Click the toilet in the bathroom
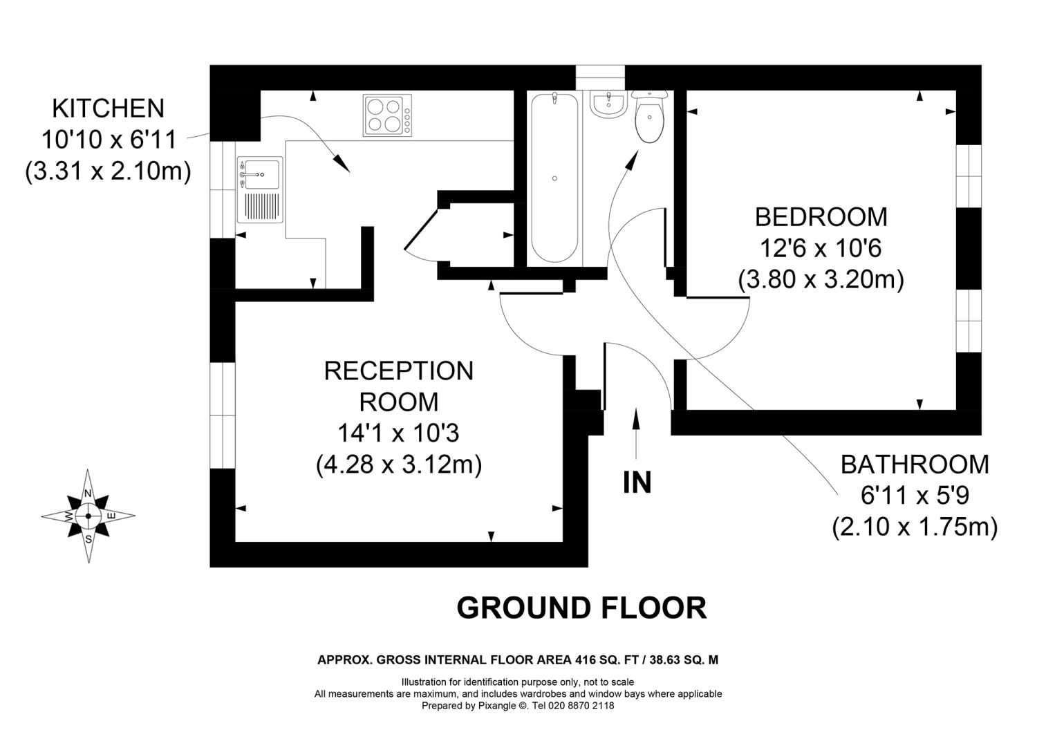click(x=648, y=117)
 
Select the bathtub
click(x=554, y=178)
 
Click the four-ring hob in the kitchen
click(x=383, y=115)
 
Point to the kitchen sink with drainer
click(x=259, y=191)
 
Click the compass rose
click(x=88, y=516)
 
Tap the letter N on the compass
click(x=88, y=493)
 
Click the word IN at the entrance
click(x=637, y=482)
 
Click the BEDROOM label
click(x=821, y=217)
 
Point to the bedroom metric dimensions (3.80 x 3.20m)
click(x=821, y=280)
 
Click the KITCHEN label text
click(x=109, y=109)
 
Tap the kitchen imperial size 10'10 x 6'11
click(x=109, y=140)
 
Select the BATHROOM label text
click(x=915, y=464)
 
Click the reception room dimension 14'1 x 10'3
click(x=398, y=433)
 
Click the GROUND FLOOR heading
click(x=581, y=608)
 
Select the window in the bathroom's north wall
click(x=600, y=77)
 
